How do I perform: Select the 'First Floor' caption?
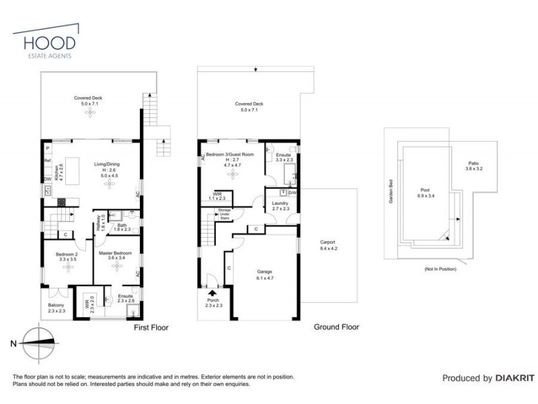tap(150, 328)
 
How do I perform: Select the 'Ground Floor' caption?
tap(336, 327)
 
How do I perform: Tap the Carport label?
tap(328, 242)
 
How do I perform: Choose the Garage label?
tap(264, 273)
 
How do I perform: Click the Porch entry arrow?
tap(213, 293)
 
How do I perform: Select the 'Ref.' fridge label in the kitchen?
tap(48, 161)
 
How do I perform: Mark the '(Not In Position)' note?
tap(440, 269)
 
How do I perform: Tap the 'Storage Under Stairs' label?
tap(224, 213)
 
